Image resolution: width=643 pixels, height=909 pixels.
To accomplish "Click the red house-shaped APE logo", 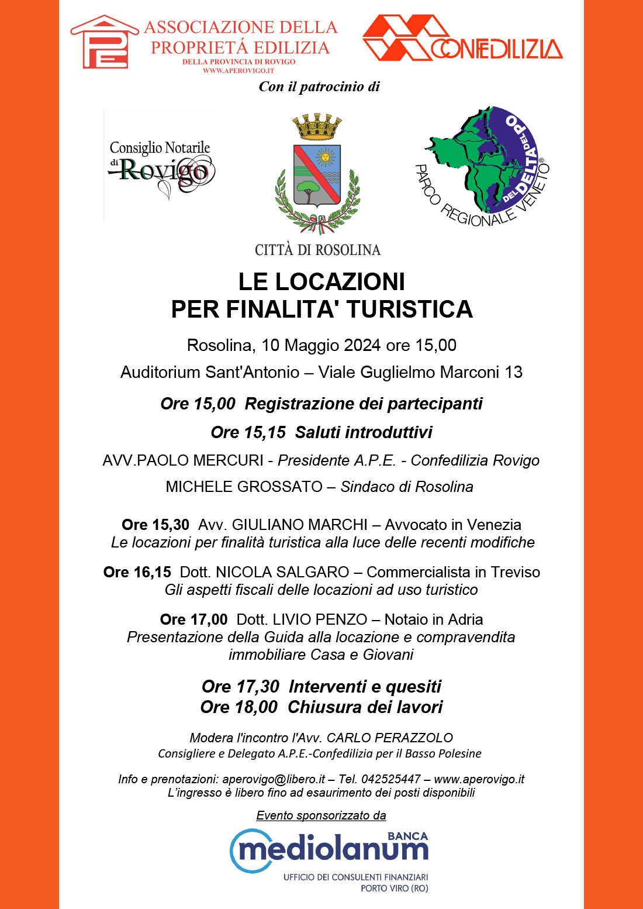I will [x=105, y=42].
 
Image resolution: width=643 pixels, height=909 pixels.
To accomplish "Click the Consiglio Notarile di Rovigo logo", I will [x=160, y=166].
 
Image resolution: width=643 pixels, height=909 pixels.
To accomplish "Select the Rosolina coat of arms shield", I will [x=317, y=175].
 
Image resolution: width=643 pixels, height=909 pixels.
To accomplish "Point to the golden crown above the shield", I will [x=317, y=126].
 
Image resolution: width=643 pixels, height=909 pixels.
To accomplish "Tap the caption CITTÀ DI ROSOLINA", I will [x=317, y=250].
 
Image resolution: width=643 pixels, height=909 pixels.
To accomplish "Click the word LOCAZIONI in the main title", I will [x=340, y=282].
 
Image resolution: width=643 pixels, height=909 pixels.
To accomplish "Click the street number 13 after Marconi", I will [x=514, y=372].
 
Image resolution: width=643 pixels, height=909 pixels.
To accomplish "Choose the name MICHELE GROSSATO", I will [x=244, y=487].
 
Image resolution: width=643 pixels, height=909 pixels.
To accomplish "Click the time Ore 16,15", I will [x=137, y=572].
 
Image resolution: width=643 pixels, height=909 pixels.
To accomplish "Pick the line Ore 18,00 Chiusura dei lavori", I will [x=321, y=707].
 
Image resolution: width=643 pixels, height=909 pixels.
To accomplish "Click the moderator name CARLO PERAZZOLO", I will [x=390, y=738].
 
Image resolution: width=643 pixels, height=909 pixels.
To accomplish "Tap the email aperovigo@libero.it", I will [x=274, y=779].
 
